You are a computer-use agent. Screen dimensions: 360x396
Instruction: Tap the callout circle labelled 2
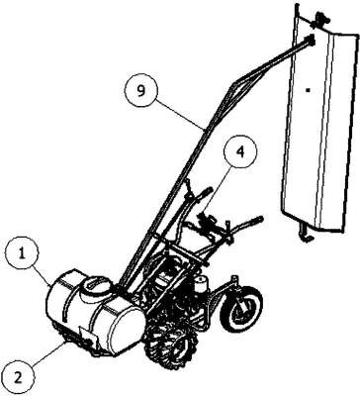(19, 376)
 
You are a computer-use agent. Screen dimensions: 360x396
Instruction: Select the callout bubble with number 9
(141, 91)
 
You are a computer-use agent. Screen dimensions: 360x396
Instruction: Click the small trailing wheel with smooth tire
(241, 309)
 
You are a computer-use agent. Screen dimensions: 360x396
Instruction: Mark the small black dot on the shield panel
(308, 89)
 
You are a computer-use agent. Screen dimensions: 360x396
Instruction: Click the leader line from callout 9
(180, 112)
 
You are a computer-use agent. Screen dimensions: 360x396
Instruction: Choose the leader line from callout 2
(51, 353)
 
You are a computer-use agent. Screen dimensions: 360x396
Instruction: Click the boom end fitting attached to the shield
(311, 41)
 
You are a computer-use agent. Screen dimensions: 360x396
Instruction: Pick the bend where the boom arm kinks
(233, 85)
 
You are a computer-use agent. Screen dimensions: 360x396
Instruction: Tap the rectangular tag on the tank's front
(88, 337)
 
